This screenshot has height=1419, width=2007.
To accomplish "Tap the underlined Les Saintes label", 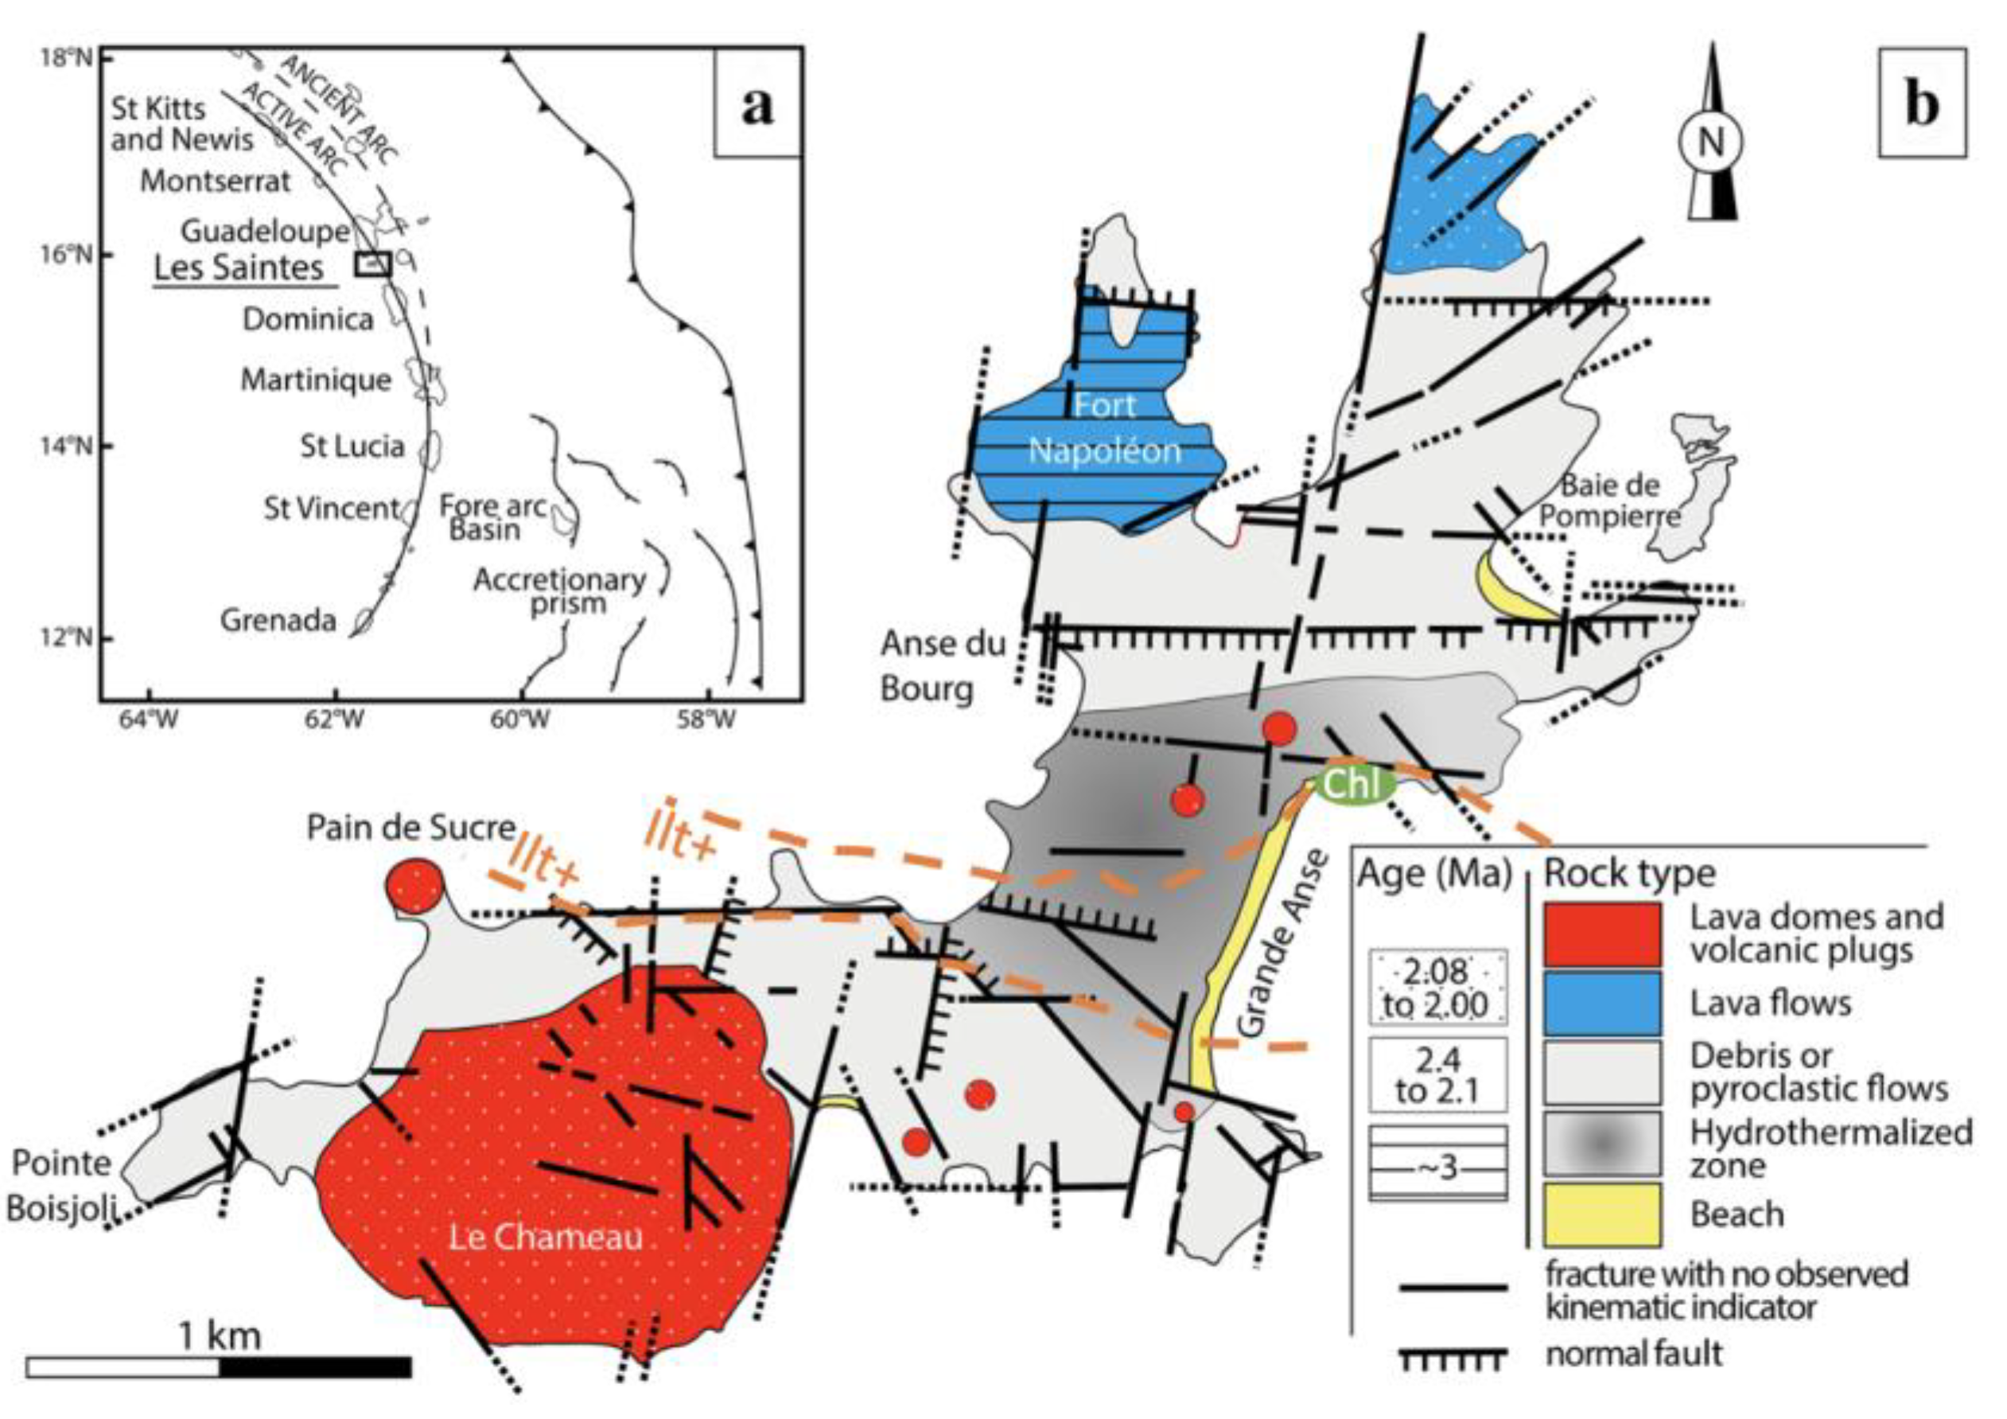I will (239, 267).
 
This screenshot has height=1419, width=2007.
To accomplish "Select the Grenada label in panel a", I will (278, 620).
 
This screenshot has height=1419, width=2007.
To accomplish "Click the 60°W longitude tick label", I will (521, 720).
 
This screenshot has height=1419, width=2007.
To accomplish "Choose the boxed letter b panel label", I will (1921, 104).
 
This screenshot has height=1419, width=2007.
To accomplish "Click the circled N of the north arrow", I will (1710, 141).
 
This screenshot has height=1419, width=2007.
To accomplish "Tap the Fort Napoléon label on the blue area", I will (1105, 427).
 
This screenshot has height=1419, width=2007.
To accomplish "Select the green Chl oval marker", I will (1353, 784).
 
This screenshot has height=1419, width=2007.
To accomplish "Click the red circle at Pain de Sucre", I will (414, 886).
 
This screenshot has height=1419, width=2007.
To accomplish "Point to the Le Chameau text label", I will (546, 1237).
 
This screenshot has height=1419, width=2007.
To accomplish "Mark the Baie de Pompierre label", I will (1609, 500).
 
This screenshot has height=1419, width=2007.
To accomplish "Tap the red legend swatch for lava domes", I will (1602, 934).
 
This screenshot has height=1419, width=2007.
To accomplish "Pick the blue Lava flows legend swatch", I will (1602, 1003).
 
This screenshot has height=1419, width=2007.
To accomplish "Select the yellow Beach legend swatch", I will (1602, 1214).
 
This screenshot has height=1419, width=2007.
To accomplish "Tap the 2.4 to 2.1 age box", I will (1438, 1074).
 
